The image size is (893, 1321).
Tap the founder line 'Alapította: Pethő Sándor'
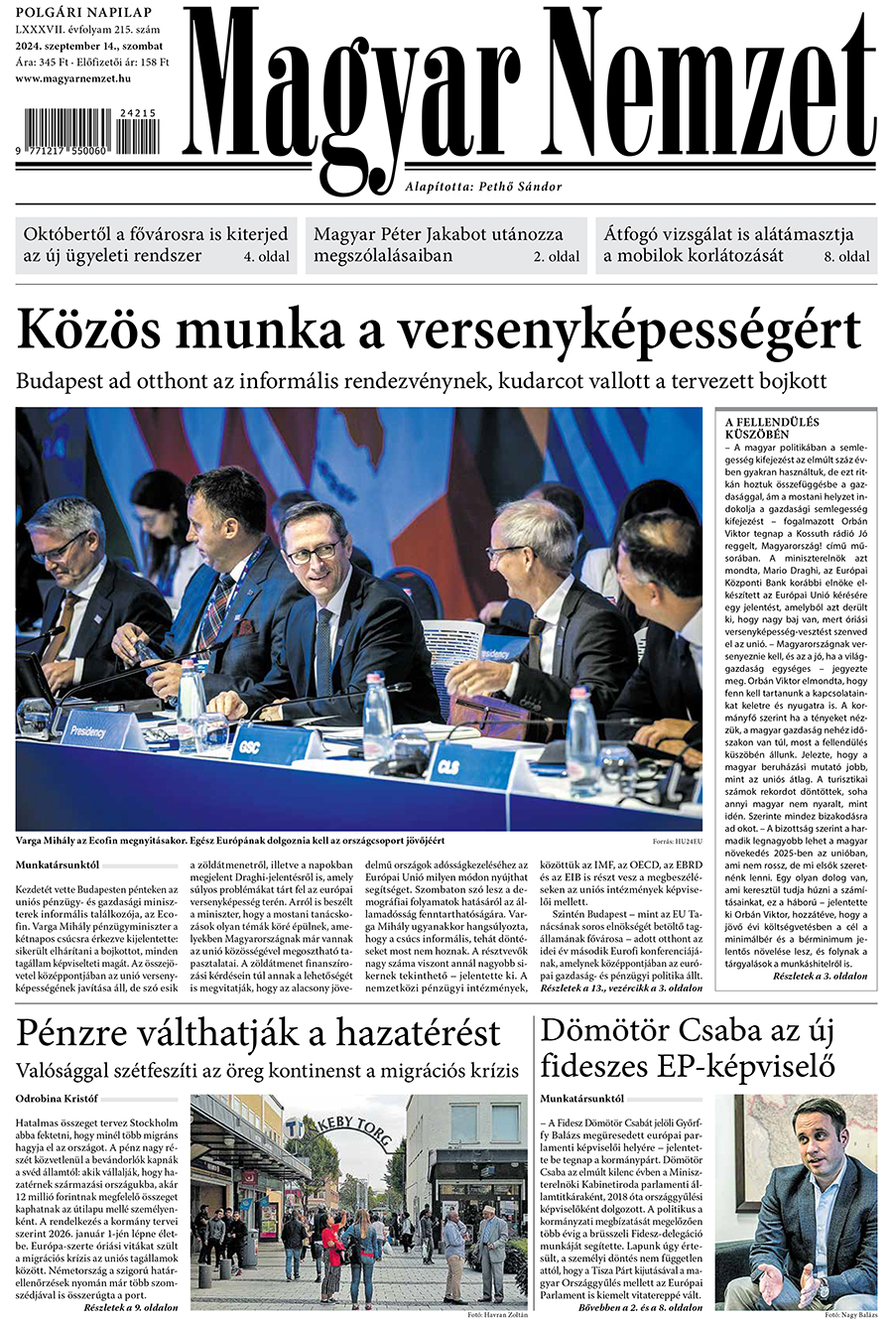pyautogui.click(x=483, y=187)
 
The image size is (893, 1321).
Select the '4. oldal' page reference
pyautogui.click(x=267, y=256)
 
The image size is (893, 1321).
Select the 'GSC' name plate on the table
pyautogui.click(x=248, y=745)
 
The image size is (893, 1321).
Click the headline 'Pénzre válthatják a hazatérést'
pyautogui.click(x=258, y=1033)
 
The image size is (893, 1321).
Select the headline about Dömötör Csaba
pyautogui.click(x=687, y=1048)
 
